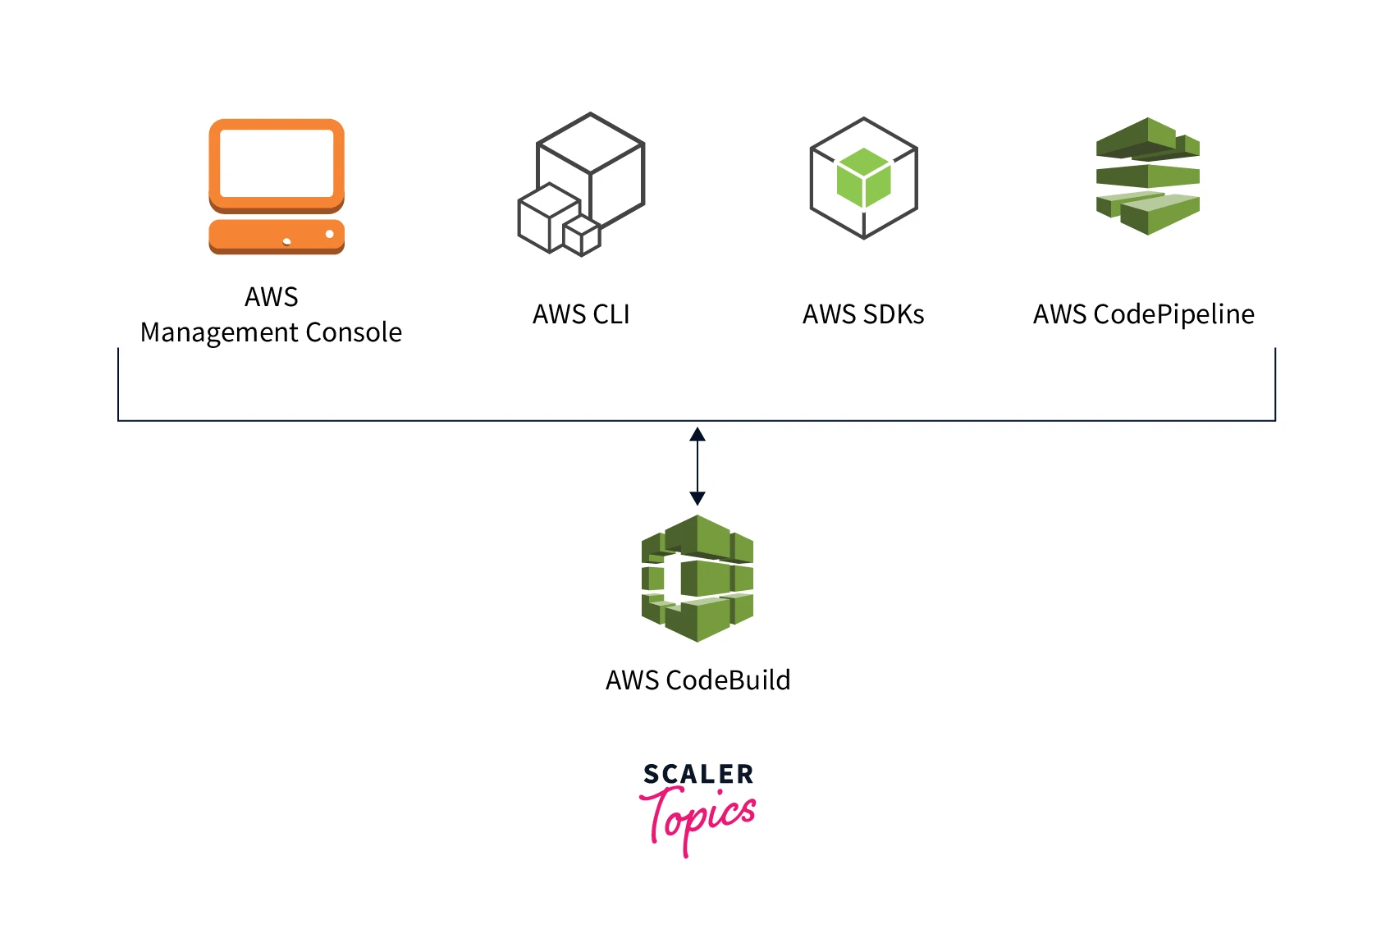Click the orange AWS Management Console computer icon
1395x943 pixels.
(277, 186)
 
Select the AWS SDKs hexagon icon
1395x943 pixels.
(863, 178)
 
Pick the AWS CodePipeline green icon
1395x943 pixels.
(1147, 176)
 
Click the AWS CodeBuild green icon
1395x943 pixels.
(697, 578)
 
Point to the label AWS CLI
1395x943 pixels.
(581, 314)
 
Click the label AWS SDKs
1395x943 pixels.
(863, 314)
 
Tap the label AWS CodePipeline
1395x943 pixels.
(1143, 314)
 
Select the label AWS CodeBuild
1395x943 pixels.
(697, 680)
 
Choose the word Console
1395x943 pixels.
(354, 332)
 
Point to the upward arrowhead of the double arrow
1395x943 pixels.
(697, 434)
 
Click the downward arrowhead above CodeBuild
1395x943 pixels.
(697, 497)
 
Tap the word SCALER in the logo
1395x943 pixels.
(697, 774)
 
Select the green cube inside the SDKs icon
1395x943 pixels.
(863, 177)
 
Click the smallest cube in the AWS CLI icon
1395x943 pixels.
(582, 236)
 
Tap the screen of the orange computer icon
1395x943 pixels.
(277, 163)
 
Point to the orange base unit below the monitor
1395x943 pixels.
(277, 236)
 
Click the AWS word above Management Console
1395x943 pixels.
(272, 296)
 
